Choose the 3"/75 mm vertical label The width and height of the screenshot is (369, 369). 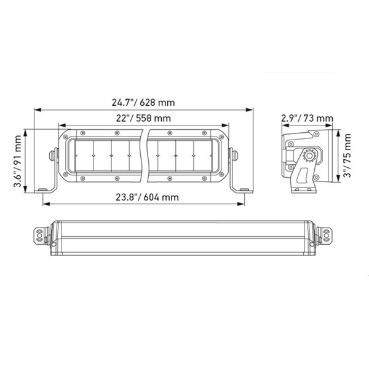coord(350,158)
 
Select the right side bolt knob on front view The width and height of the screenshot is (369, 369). coord(234,154)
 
